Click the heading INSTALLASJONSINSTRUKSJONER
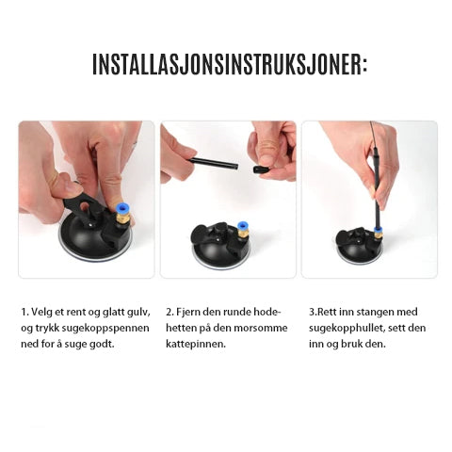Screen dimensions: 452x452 (x=230, y=64)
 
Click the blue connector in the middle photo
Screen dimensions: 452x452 (x=242, y=226)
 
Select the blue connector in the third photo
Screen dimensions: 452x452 (x=379, y=231)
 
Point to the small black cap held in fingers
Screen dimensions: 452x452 (x=261, y=169)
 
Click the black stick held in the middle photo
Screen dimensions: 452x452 (x=213, y=164)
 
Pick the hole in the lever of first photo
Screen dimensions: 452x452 (x=85, y=206)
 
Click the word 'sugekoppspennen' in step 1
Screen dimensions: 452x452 (x=105, y=329)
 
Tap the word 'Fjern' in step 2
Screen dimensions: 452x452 (x=188, y=312)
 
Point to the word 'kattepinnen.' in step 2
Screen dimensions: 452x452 (x=196, y=344)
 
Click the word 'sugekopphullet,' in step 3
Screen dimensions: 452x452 (x=347, y=329)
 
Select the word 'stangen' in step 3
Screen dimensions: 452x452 (x=375, y=313)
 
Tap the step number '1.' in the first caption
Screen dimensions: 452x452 (x=24, y=313)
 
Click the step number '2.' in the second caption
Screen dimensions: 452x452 (x=169, y=313)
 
